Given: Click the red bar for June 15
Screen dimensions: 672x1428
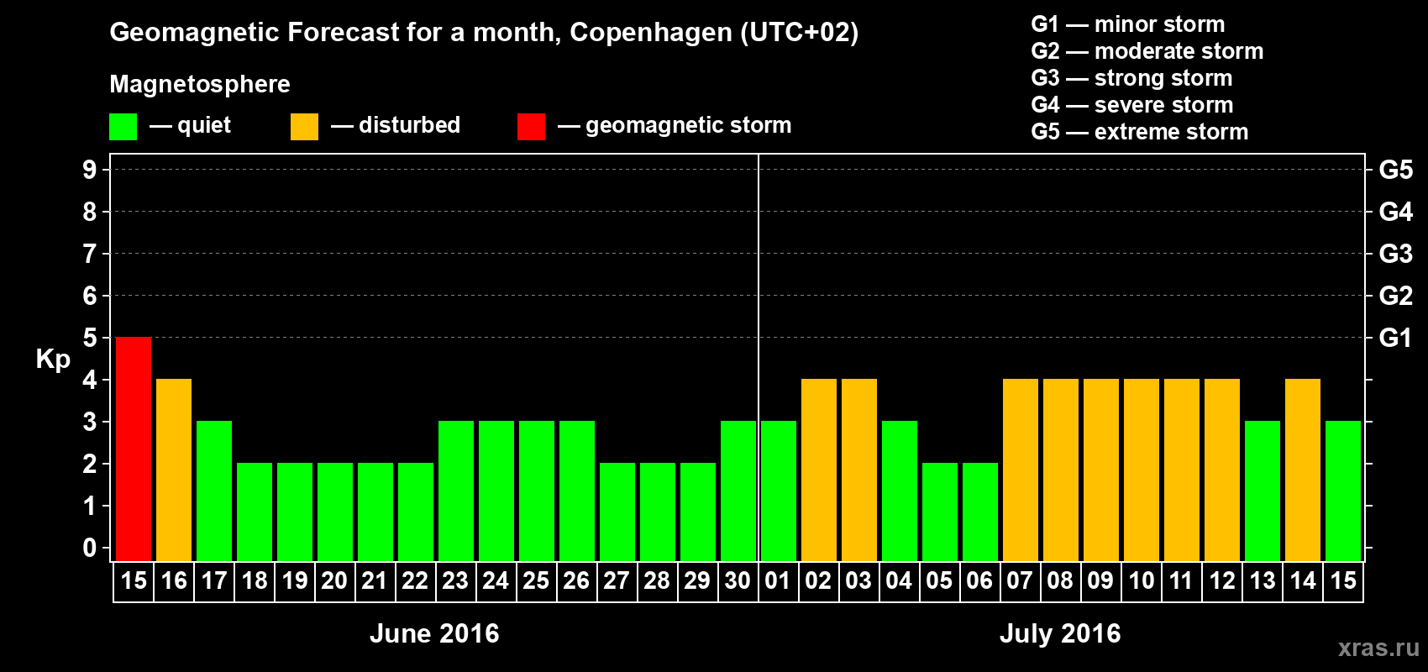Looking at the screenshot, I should click(x=134, y=449).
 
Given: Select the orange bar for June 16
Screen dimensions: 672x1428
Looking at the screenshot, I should click(x=174, y=470).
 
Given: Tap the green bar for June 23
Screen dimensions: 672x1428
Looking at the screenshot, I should click(x=456, y=491).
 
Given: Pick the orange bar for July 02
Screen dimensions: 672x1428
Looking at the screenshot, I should click(x=819, y=470).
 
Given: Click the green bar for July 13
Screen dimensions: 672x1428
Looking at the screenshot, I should click(x=1263, y=491).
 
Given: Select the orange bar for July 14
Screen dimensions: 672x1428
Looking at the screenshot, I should click(x=1303, y=470).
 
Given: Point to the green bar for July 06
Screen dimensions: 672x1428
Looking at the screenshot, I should click(x=980, y=512).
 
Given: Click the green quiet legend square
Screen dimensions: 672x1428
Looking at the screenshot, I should click(x=123, y=127).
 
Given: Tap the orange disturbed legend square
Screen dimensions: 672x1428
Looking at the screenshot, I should click(x=304, y=127).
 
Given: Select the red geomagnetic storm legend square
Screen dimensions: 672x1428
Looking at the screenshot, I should click(x=531, y=127).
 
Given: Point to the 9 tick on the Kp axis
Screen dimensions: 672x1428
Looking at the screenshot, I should click(x=90, y=170).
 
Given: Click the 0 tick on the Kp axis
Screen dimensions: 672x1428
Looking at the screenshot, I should click(x=90, y=549).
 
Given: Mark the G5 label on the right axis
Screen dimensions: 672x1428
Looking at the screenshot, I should click(x=1395, y=170).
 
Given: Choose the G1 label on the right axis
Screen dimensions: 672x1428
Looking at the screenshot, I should click(x=1395, y=338).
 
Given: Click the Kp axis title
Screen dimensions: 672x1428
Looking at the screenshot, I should click(x=53, y=360).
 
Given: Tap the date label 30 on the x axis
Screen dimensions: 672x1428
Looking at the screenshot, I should click(x=738, y=580).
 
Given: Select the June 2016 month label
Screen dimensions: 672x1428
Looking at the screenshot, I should click(x=434, y=633).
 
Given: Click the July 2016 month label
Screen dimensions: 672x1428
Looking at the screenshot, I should click(x=1060, y=633).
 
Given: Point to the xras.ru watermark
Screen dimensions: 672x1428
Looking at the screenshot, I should click(x=1378, y=648).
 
